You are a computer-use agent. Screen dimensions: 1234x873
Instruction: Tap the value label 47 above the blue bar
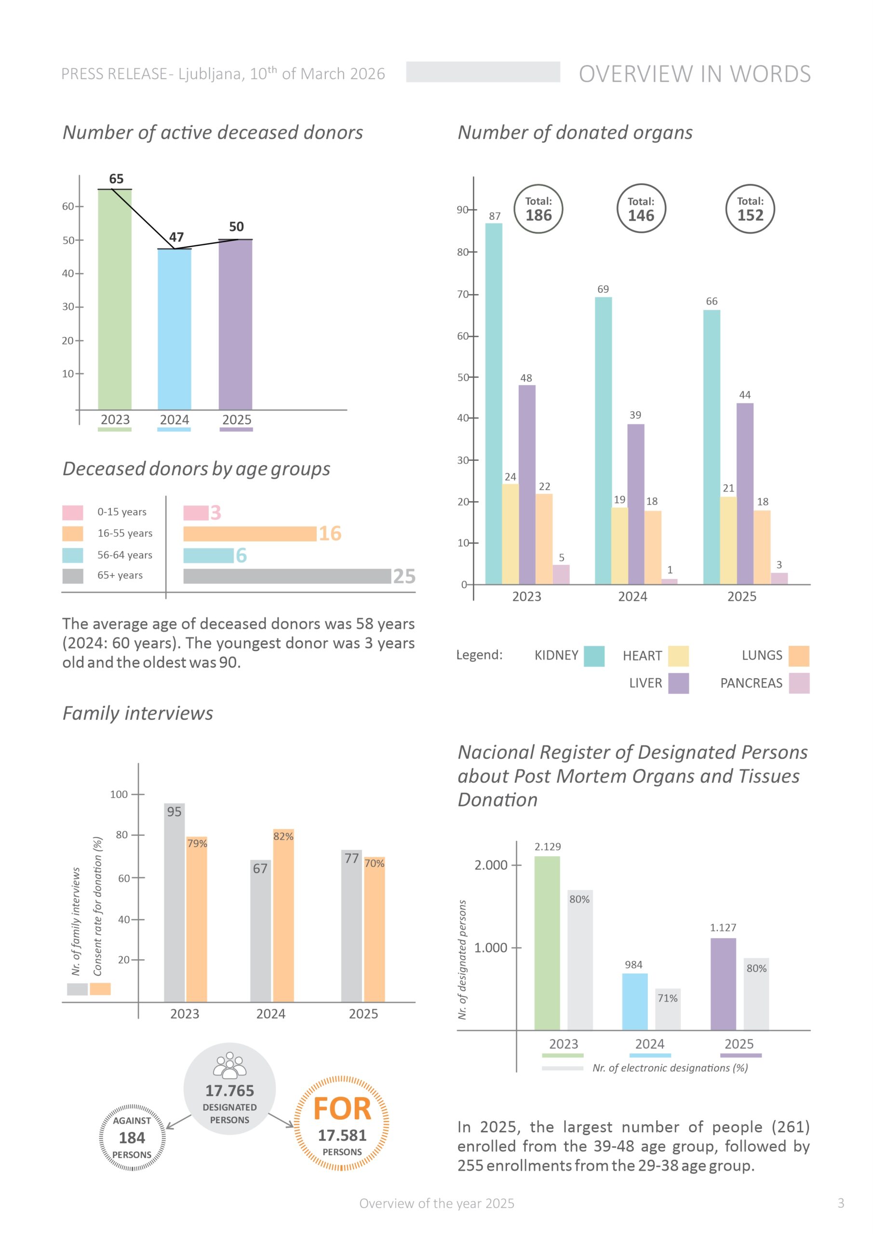[x=176, y=237]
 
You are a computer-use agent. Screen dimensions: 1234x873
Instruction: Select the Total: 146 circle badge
[x=641, y=209]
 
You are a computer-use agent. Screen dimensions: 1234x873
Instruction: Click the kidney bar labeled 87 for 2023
[x=494, y=403]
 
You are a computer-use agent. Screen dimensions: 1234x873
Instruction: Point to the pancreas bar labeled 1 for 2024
[x=669, y=581]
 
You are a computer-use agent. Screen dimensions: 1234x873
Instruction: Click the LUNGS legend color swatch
[x=799, y=656]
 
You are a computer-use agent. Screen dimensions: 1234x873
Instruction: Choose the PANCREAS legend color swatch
[x=799, y=683]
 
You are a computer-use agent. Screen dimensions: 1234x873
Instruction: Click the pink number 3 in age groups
[x=215, y=513]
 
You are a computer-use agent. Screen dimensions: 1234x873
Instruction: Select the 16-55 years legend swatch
[x=73, y=534]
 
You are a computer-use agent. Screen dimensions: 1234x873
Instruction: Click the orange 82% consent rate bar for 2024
[x=283, y=916]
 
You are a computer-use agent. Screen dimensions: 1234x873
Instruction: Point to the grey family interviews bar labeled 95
[x=174, y=903]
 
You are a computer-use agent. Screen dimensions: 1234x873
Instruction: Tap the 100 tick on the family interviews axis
[x=119, y=794]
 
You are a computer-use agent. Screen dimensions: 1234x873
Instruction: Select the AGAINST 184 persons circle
[x=132, y=1137]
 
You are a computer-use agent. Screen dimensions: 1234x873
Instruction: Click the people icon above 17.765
[x=229, y=1066]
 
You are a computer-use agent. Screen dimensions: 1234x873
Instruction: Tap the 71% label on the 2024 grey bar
[x=667, y=999]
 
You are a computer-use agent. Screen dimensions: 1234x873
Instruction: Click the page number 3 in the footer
[x=841, y=1203]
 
